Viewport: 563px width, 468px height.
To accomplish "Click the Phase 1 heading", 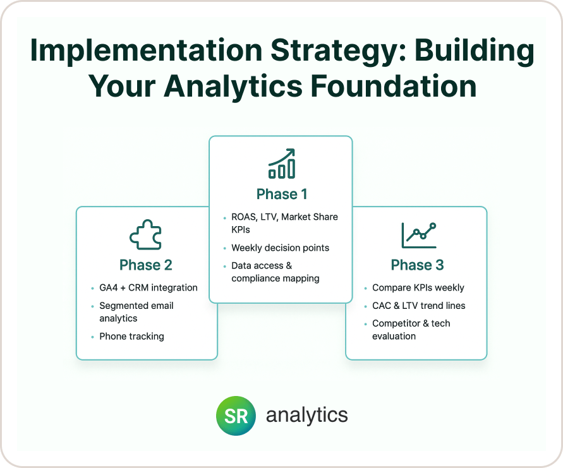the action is (282, 194).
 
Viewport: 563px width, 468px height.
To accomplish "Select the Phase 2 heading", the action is (146, 265).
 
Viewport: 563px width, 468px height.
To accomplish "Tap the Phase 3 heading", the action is (417, 265).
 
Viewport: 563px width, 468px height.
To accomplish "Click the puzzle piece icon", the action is (145, 234).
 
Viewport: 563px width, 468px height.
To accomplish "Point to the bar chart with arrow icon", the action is (282, 164).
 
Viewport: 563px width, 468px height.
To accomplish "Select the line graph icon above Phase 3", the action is (419, 235).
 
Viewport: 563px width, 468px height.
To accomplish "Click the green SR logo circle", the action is (236, 416).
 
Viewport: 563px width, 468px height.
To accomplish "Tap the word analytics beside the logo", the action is (306, 416).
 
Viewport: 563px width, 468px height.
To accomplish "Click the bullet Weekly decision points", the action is (280, 248).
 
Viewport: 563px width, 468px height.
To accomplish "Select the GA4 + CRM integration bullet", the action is (148, 287).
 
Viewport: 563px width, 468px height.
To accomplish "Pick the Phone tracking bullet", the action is (131, 336).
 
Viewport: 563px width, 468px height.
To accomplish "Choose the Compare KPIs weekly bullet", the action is (418, 287).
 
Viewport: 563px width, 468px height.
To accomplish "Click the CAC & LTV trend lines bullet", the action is (419, 306).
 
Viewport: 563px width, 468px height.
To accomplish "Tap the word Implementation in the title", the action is (147, 51).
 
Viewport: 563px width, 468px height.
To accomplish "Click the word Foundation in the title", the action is (393, 86).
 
